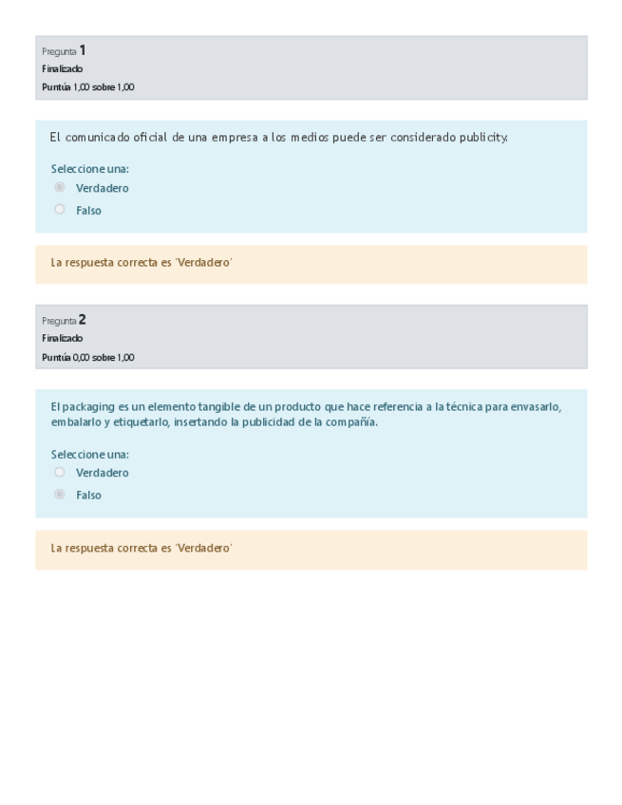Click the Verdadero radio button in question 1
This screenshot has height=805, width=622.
[60, 187]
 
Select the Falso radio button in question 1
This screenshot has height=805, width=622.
[60, 210]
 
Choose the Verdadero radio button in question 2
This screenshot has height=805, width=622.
[60, 472]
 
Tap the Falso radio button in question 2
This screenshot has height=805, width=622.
[60, 495]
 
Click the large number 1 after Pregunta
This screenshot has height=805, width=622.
[83, 50]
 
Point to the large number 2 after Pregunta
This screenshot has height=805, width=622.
[83, 320]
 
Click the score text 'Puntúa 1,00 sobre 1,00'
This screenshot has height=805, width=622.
[88, 87]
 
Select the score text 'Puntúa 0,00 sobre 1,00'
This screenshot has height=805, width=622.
[88, 358]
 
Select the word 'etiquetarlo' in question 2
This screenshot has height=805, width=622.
[141, 422]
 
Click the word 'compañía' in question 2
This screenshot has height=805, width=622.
[352, 422]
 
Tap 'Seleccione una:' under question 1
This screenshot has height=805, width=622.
[89, 169]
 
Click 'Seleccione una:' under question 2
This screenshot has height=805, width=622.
[89, 454]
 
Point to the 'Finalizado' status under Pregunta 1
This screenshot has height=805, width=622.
[62, 69]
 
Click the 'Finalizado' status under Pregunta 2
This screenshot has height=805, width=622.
[62, 339]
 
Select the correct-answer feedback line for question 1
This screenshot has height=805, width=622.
[141, 263]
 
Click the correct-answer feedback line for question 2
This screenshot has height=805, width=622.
[141, 548]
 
